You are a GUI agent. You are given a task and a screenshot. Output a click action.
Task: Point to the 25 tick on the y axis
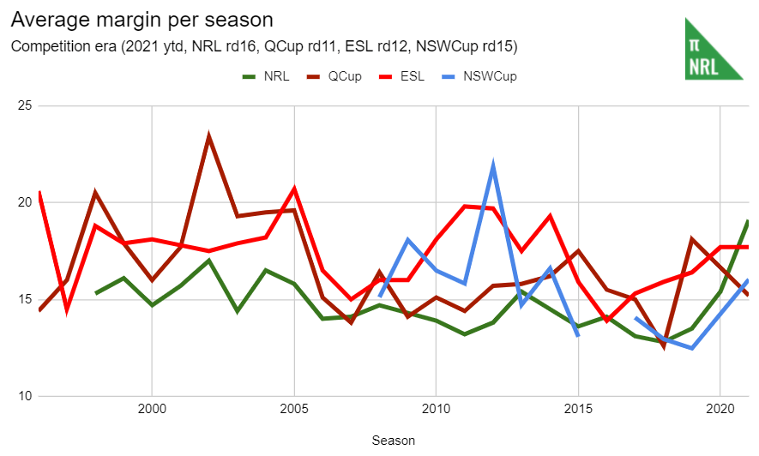coord(24,106)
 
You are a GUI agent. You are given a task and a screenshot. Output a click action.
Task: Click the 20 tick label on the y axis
coord(24,203)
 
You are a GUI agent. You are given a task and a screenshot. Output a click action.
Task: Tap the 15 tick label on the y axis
coord(24,300)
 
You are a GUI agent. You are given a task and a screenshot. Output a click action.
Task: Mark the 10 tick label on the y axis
coord(24,397)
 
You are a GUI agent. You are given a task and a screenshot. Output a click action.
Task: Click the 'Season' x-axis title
coord(394,441)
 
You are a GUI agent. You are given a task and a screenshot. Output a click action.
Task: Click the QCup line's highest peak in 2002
coord(208,136)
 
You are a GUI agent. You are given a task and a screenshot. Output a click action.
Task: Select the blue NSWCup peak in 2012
coord(493,165)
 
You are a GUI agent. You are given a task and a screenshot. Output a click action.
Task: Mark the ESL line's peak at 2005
coord(294,189)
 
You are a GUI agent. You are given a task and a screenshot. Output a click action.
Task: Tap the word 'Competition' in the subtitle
coord(46,45)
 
